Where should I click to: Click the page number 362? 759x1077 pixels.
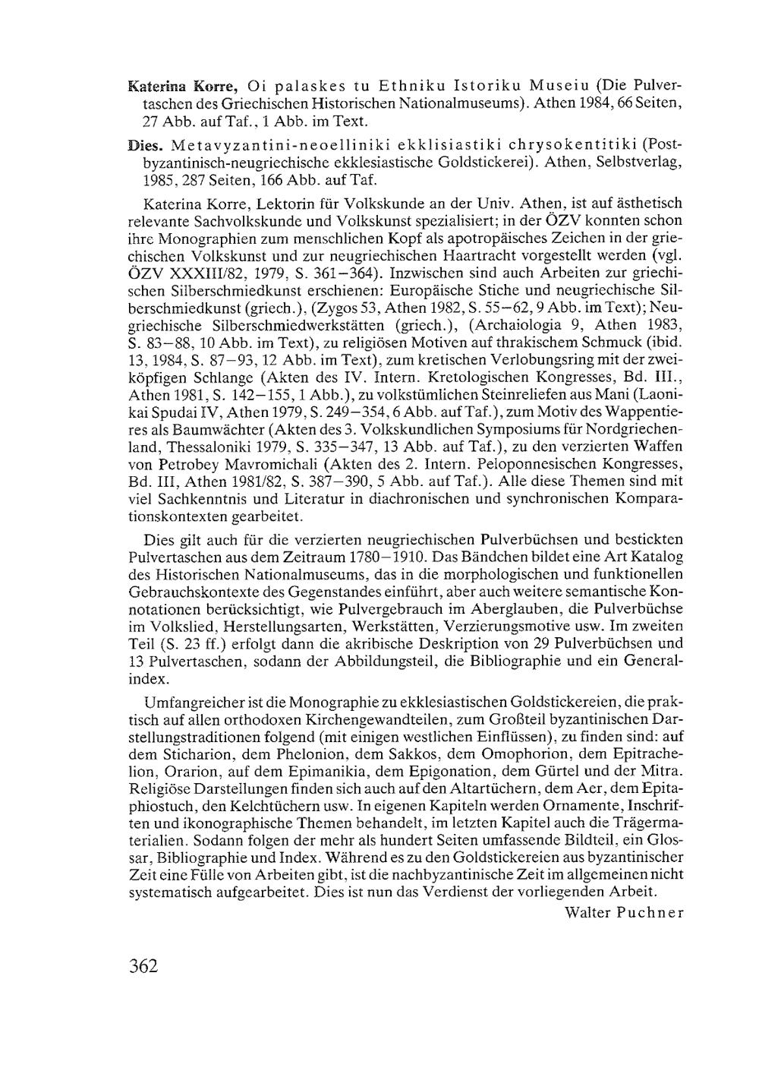click(x=143, y=966)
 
